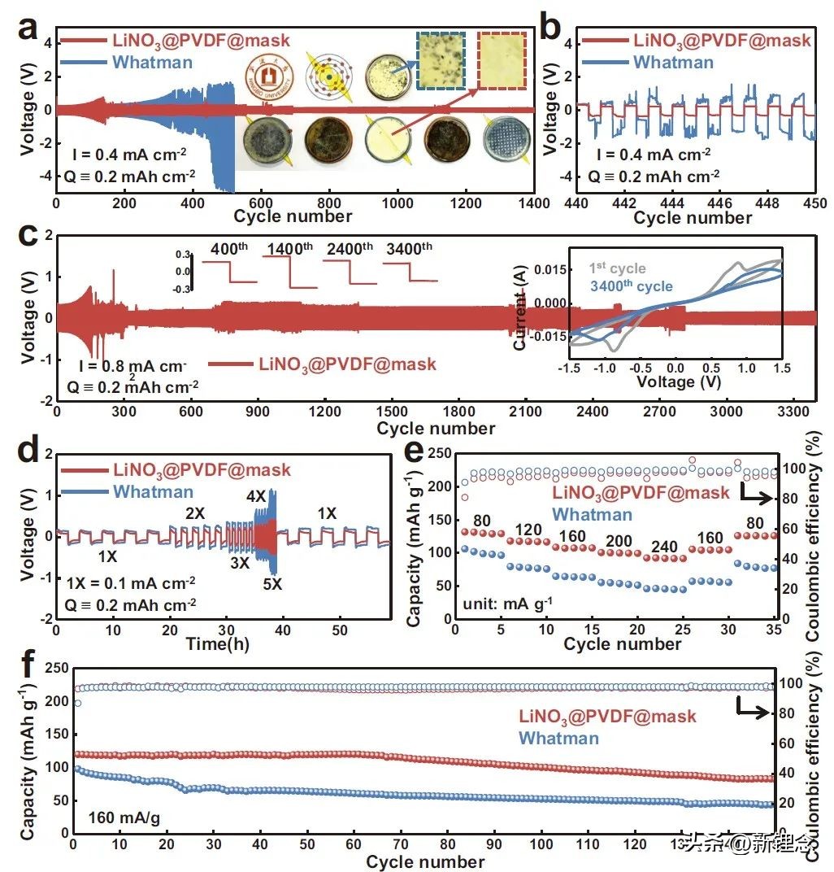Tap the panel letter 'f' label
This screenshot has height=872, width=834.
point(26,665)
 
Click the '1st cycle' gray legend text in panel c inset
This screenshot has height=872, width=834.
point(618,268)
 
